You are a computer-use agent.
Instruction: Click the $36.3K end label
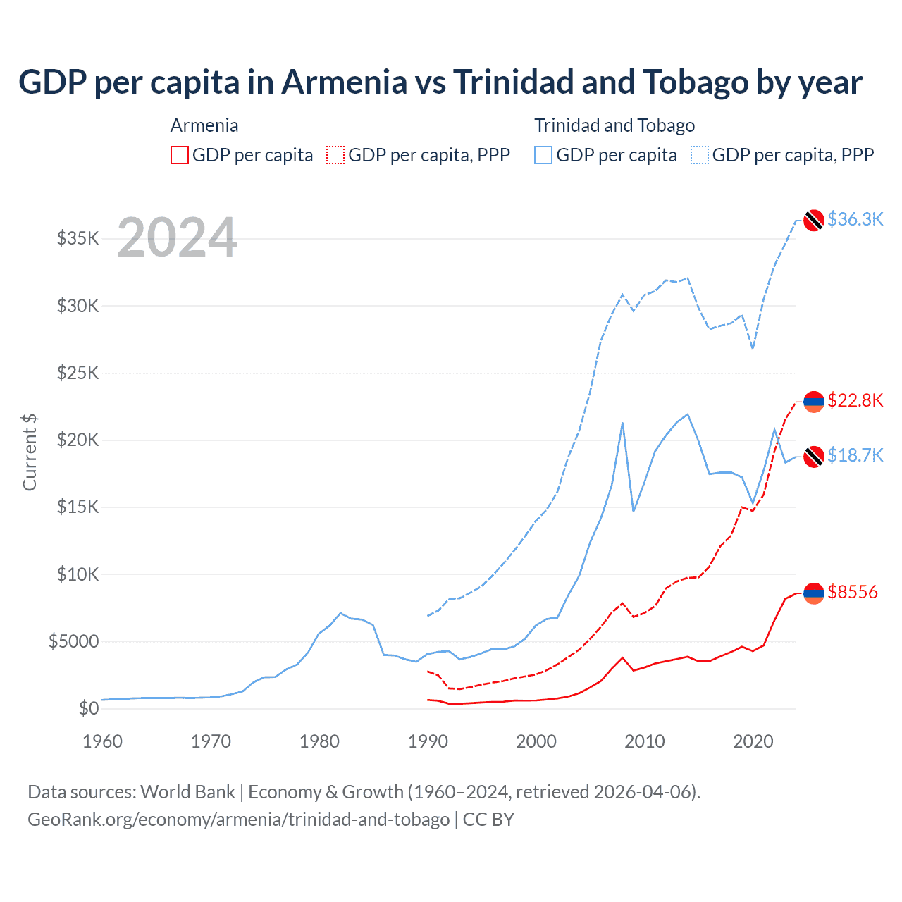point(855,219)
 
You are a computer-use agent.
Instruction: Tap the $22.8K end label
point(855,400)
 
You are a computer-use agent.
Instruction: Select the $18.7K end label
point(855,455)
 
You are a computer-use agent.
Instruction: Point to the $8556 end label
point(853,592)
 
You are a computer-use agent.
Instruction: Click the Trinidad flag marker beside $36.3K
point(814,220)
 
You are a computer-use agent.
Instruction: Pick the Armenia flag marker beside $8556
point(814,593)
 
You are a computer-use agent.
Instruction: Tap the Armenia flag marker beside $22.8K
point(814,401)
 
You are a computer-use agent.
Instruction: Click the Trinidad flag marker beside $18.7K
point(814,456)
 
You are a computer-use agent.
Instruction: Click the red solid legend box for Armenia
point(180,155)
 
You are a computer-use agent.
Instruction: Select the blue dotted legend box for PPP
point(700,155)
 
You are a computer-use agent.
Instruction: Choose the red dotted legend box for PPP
point(335,155)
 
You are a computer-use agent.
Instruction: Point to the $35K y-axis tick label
point(78,238)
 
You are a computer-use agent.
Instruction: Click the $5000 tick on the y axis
point(73,641)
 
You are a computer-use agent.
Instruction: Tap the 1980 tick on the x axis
point(319,741)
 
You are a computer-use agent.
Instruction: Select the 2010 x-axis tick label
point(645,741)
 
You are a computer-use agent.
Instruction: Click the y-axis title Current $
point(30,452)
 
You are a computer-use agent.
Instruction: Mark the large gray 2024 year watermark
point(177,237)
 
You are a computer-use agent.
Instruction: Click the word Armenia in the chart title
point(345,82)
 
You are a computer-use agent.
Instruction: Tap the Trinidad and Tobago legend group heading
point(614,125)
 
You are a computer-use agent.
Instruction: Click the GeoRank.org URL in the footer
point(238,820)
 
